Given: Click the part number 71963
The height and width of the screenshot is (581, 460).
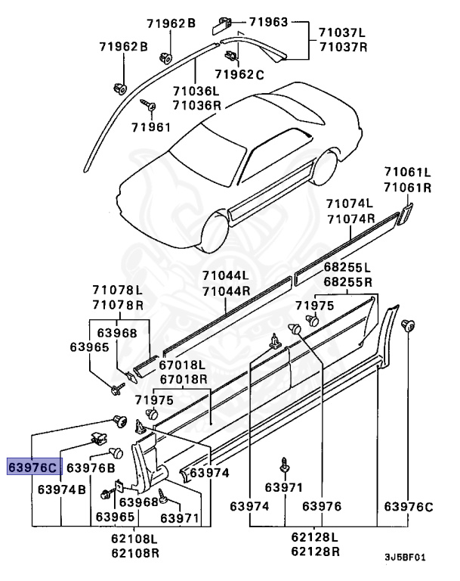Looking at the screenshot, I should pos(268,23).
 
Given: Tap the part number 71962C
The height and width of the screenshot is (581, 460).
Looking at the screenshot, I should pos(239,74).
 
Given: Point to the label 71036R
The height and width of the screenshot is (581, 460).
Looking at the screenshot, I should pos(196,105).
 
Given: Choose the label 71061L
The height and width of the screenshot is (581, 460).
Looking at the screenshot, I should pos(406,173).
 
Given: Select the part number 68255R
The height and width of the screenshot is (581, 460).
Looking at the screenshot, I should pos(347,281).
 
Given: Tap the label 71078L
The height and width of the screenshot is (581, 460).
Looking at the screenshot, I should pos(117,290).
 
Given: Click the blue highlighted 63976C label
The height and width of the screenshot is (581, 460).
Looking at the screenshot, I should pos(31,468).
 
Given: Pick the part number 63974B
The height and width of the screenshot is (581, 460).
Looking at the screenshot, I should pos(62,489).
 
